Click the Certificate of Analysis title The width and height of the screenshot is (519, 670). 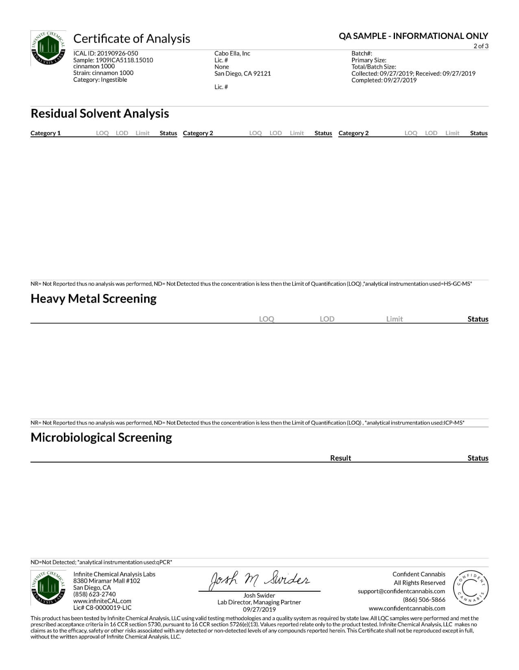[131, 39]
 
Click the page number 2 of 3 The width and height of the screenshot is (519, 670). [481, 46]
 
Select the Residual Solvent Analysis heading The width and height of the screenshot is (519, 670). [100, 113]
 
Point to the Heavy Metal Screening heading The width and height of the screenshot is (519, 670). [94, 298]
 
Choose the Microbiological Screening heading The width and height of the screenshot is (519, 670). [101, 437]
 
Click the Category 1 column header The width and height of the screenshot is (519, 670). [46, 133]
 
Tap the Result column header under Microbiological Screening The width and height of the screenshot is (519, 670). [340, 458]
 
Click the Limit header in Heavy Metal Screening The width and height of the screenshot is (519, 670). [394, 319]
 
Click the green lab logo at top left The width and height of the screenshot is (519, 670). [48, 48]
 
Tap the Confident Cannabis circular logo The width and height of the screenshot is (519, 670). [471, 588]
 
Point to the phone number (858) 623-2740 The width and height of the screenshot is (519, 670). [94, 594]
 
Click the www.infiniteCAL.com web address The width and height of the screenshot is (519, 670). [102, 601]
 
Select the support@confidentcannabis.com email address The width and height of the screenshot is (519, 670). [401, 591]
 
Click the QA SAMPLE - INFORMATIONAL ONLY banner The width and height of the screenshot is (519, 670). [413, 36]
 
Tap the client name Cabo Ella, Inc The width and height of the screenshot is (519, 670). [232, 53]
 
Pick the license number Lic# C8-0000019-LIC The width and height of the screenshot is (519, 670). [102, 608]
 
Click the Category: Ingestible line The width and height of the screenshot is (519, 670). [100, 80]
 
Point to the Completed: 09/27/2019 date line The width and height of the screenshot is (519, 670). [384, 80]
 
